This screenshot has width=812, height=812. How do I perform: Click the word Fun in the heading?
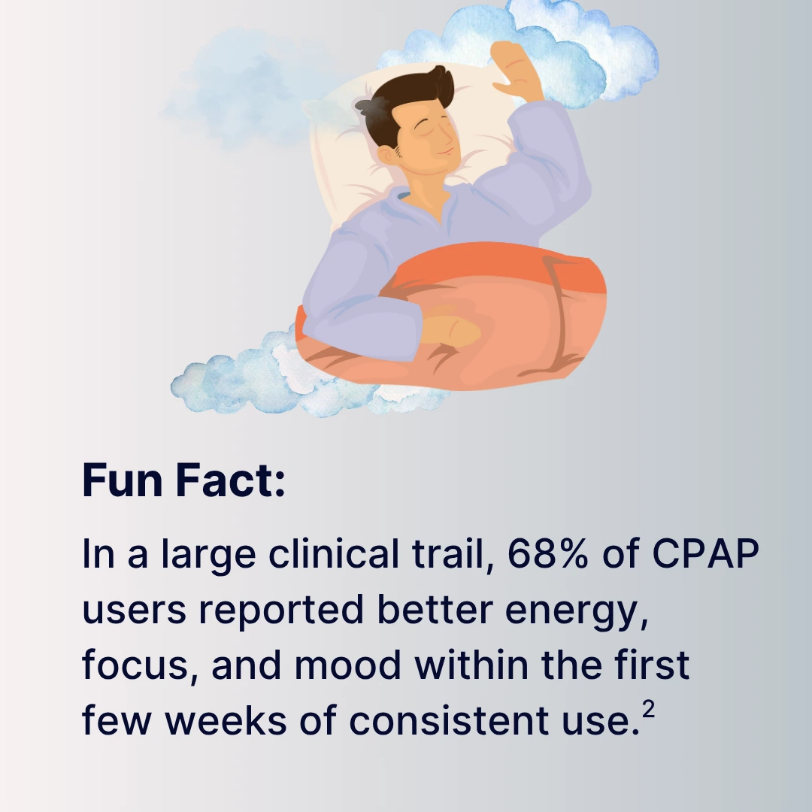(x=123, y=480)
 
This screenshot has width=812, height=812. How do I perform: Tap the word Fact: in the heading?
(x=231, y=480)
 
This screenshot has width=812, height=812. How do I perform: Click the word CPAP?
(x=705, y=553)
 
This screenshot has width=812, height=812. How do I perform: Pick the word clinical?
(x=334, y=553)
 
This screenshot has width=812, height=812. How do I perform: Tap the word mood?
(x=347, y=665)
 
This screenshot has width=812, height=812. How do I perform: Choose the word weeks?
(x=226, y=721)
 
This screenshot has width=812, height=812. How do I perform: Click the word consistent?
(x=449, y=721)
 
